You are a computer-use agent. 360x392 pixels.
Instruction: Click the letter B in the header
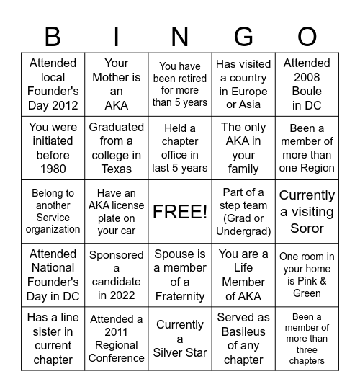53,36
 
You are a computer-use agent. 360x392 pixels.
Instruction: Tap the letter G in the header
243,36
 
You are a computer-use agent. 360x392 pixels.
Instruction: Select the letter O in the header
307,36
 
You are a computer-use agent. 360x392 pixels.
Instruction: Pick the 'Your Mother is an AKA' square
117,84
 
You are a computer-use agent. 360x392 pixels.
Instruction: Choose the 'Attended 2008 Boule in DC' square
307,84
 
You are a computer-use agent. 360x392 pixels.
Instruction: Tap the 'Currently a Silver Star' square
180,339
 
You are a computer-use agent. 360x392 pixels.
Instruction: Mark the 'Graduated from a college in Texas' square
117,148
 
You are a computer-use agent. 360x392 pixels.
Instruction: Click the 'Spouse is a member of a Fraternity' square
180,275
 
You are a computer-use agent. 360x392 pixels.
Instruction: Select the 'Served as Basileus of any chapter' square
243,339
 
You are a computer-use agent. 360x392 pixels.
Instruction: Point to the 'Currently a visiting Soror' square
307,212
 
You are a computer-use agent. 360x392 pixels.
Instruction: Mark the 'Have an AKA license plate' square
117,212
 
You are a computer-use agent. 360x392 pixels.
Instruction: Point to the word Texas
117,169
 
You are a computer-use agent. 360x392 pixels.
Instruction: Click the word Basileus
243,331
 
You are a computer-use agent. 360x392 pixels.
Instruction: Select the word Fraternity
180,296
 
